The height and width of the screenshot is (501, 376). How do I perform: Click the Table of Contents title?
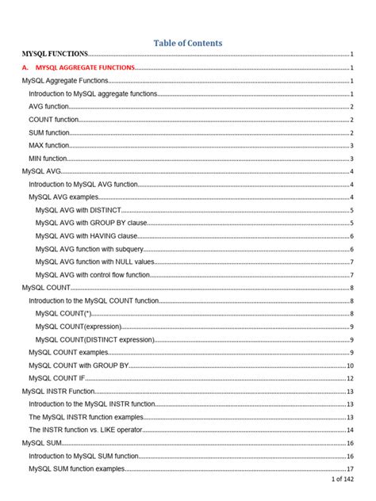point(187,43)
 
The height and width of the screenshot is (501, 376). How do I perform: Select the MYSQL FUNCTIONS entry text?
point(55,54)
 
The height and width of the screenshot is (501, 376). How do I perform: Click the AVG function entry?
point(48,107)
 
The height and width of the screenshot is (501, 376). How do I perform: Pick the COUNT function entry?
point(53,120)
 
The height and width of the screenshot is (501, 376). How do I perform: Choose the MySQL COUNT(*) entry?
point(64,314)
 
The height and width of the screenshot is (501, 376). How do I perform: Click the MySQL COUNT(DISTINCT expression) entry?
point(95,339)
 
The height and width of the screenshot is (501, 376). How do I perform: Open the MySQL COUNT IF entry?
point(57,378)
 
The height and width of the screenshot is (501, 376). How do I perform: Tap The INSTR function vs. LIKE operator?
point(86,430)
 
